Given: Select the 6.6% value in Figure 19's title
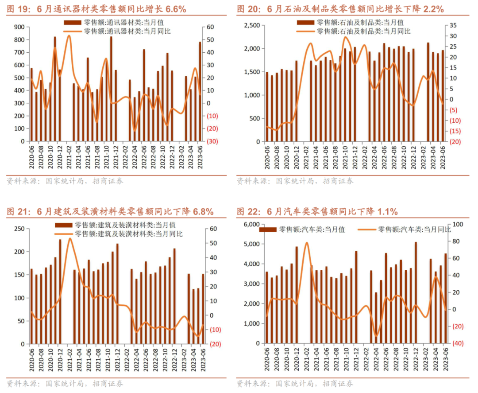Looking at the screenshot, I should (173, 9).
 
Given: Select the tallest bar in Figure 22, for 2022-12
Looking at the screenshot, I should (416, 292).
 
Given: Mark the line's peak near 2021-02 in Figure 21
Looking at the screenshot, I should (69, 238).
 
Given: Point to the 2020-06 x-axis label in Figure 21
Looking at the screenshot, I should (31, 359).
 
